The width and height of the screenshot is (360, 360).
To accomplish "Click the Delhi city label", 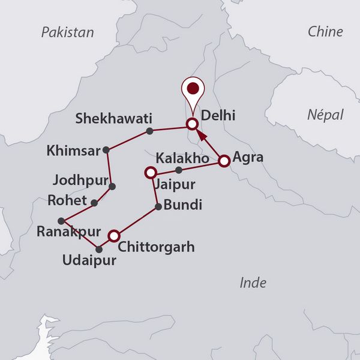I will (x=218, y=115).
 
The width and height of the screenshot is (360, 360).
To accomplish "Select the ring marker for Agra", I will (x=224, y=161).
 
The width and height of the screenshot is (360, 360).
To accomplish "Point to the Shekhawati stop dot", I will (x=149, y=130).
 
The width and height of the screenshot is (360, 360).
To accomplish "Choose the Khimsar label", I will (x=73, y=152).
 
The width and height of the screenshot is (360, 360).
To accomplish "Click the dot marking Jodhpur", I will (x=113, y=186).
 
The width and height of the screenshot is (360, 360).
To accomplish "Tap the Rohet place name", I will (x=67, y=200).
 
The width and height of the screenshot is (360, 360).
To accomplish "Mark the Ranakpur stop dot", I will (x=61, y=220).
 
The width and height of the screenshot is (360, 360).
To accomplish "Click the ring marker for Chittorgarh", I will (x=113, y=235).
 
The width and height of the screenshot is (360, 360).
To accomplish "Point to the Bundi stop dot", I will (x=158, y=207).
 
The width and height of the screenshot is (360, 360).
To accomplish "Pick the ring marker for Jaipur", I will (x=151, y=173).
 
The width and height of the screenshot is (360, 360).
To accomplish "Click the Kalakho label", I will (x=182, y=159).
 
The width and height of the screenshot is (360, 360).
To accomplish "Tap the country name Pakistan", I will (x=67, y=32).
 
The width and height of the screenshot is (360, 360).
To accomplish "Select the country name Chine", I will (x=325, y=32).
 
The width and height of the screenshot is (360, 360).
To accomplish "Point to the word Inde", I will (x=253, y=283).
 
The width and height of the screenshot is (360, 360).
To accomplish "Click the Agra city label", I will (x=248, y=159).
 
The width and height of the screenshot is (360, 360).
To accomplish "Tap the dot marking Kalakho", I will (x=178, y=170).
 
